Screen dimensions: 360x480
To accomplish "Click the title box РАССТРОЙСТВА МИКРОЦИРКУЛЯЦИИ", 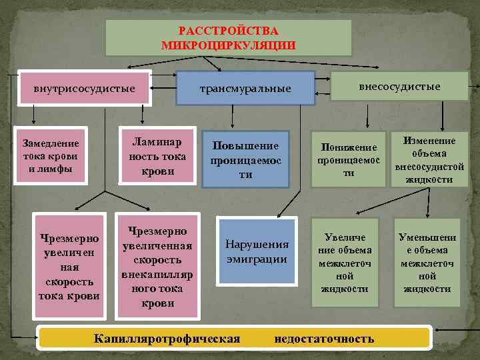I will coord(229,37).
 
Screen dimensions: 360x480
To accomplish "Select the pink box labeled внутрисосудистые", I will coord(84,88).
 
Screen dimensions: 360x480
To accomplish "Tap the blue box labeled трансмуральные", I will coord(245,88).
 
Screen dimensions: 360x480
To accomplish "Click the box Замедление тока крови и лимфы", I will coord(50,156).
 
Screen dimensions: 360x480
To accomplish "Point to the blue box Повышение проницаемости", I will coord(246,159).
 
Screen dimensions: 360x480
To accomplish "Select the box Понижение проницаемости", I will coord(349,159).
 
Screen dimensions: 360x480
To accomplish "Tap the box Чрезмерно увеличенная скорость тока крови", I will coord(69,267).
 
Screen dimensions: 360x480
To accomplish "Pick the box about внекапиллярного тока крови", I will coord(157,266).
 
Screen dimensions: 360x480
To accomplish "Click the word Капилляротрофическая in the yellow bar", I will coord(167,339).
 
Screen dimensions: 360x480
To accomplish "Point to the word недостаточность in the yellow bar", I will coord(324,339).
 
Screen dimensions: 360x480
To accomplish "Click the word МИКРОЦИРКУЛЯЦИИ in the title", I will coord(228,45).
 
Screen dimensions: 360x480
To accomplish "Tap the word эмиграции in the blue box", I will coord(257,259).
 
